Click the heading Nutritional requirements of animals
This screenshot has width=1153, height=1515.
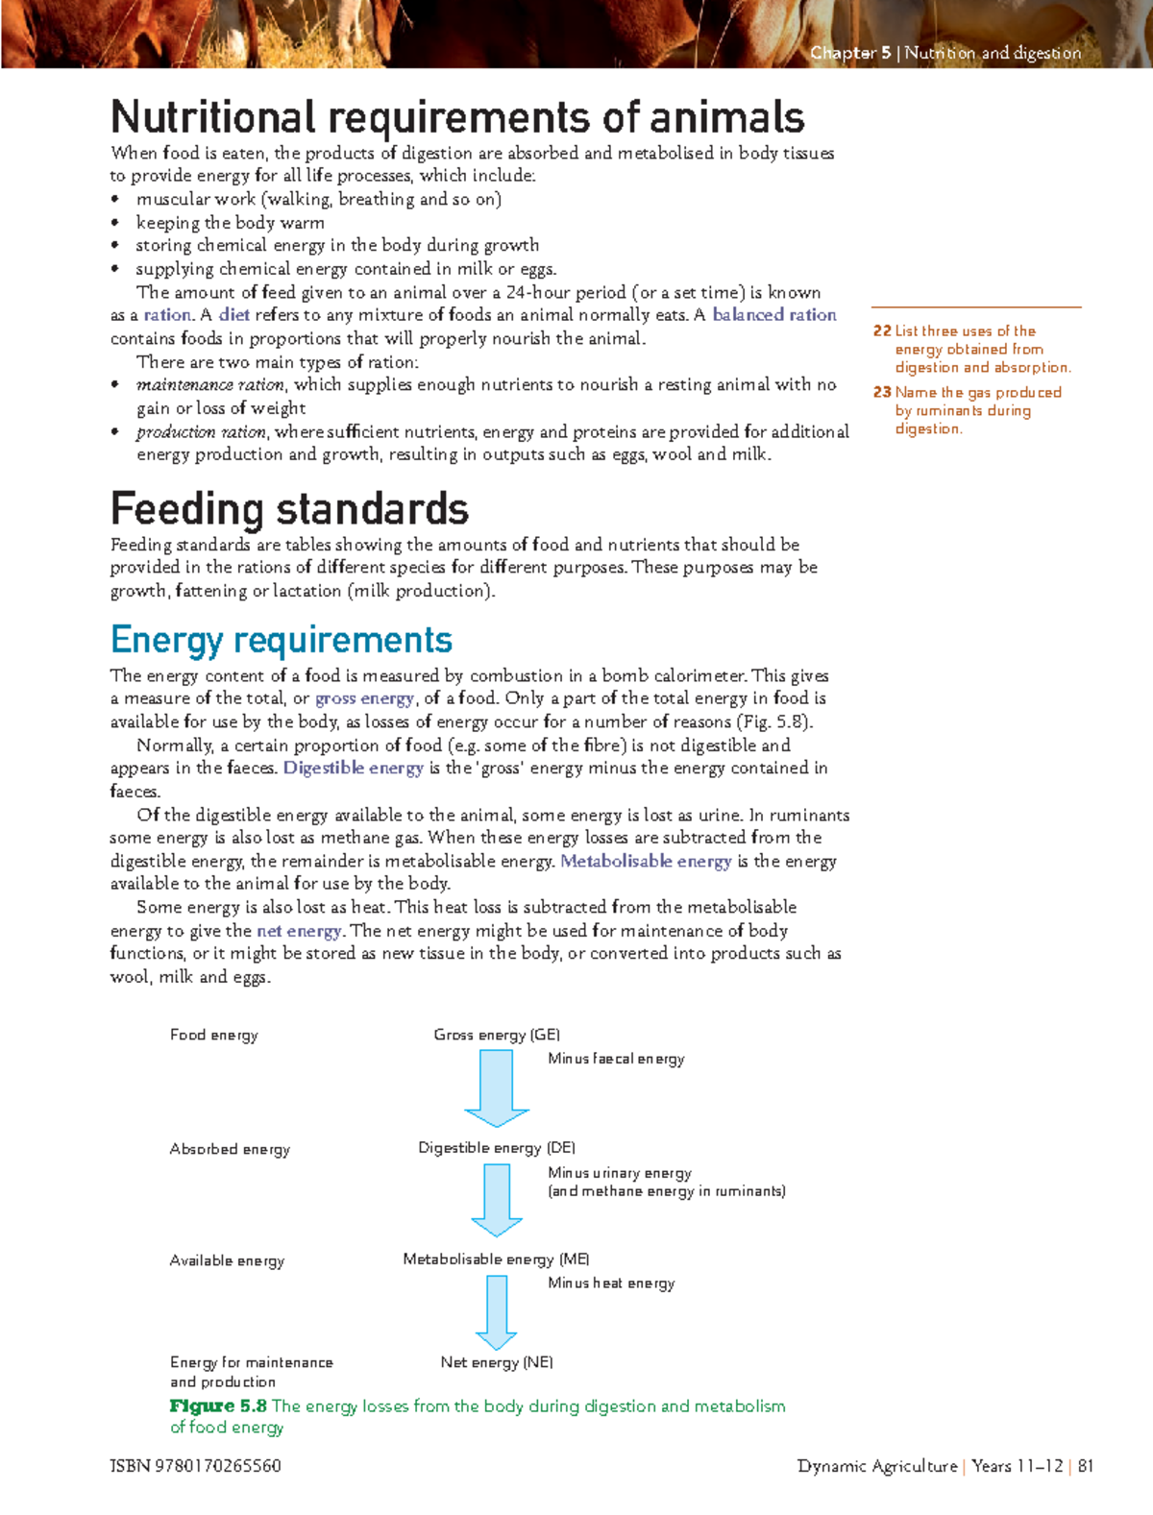point(457,118)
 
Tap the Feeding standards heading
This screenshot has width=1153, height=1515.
point(289,509)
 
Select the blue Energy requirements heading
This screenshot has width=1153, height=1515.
point(281,640)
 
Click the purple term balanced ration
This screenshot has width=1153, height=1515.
point(773,315)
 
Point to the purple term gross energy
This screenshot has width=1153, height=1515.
point(364,698)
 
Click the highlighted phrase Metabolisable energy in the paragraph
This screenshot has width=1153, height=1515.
point(646,862)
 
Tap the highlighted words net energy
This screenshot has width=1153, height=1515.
point(299,931)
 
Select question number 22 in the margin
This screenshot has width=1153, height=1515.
point(882,331)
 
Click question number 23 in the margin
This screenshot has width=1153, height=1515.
point(882,393)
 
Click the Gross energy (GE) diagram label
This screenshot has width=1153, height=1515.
point(496,1035)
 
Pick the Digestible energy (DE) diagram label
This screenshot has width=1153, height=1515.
point(496,1148)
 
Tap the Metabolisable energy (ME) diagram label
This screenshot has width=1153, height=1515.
point(496,1259)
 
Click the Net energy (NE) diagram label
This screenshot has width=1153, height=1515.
point(496,1362)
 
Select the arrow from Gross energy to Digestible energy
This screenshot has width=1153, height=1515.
point(497,1087)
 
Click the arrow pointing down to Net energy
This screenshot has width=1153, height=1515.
point(497,1312)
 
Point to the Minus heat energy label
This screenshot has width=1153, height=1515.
point(611,1283)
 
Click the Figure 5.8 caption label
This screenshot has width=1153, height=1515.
point(218,1406)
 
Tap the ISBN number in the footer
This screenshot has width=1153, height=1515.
point(195,1466)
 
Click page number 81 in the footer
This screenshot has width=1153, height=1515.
point(1086,1466)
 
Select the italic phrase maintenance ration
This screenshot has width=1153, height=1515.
point(210,385)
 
